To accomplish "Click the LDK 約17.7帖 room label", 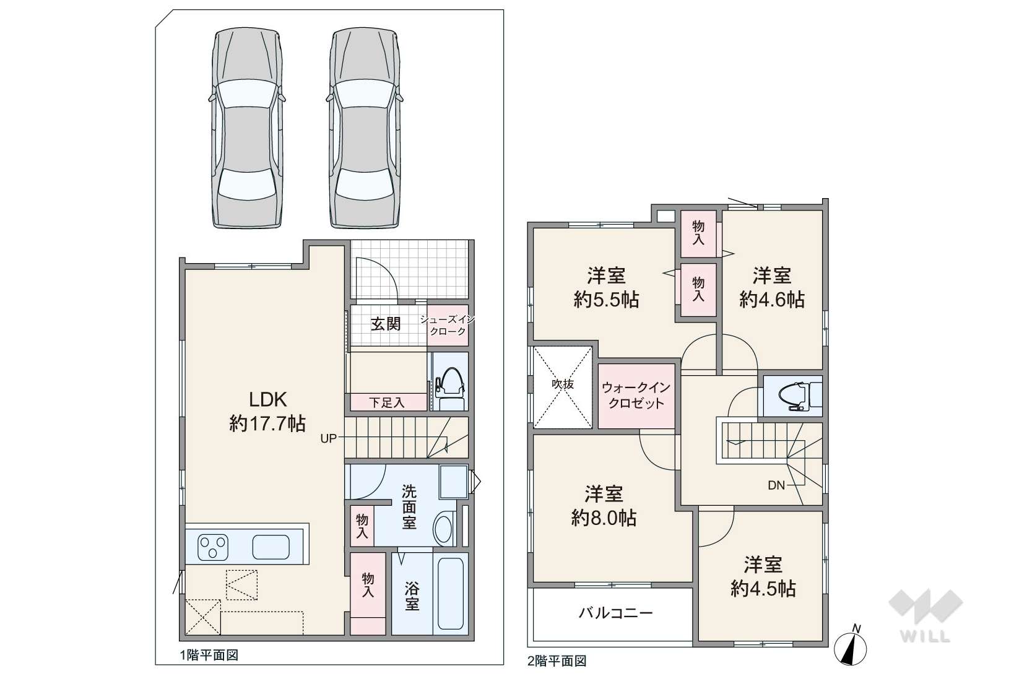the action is [x=267, y=412].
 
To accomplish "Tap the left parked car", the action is [x=247, y=128].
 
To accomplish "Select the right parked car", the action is [x=365, y=128].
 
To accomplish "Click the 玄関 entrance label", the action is [x=386, y=324].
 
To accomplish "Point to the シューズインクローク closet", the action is [x=448, y=326].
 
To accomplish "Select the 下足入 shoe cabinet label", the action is [x=386, y=402].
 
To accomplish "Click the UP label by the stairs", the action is [x=328, y=438].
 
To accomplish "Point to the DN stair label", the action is [x=776, y=485].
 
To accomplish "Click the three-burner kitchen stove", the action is [x=213, y=547].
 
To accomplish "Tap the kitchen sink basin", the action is [x=271, y=547].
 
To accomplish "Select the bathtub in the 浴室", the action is [x=451, y=593].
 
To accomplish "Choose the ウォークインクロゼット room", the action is [x=636, y=396].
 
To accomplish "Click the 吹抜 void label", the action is [x=563, y=384].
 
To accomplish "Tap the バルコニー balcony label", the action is [x=615, y=613].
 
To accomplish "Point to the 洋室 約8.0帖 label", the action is [x=604, y=506].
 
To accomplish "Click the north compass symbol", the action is [x=850, y=646].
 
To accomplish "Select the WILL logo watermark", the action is [x=925, y=617].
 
